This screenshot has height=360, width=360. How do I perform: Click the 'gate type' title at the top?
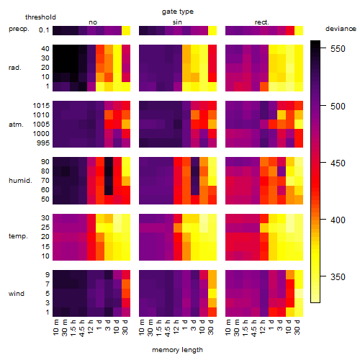[x=178, y=12]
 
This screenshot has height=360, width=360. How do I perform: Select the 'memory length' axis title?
[x=177, y=350]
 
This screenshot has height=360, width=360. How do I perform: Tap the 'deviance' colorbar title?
[x=341, y=29]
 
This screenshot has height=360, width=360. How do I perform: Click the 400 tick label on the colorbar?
[x=338, y=220]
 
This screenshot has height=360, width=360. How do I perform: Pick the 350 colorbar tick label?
[x=338, y=276]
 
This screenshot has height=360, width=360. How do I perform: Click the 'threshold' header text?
[x=40, y=17]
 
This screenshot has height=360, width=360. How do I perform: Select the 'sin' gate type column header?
[x=177, y=22]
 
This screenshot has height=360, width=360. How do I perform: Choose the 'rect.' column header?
[x=261, y=22]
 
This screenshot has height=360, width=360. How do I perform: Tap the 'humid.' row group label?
[x=20, y=181]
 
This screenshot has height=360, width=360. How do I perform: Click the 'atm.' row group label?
[x=16, y=125]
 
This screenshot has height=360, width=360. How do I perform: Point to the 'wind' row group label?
[x=17, y=293]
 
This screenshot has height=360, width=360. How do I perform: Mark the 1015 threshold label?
[x=41, y=106]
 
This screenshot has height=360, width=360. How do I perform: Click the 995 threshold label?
[x=43, y=143]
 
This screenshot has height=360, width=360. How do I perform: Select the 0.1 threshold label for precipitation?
[x=44, y=30]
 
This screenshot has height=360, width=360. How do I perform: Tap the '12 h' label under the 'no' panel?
[x=90, y=327]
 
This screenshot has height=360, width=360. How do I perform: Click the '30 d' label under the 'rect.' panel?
[x=297, y=327]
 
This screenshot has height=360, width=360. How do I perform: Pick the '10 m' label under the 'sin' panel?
[x=142, y=328]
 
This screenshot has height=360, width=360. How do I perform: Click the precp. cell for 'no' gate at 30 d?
[x=126, y=30]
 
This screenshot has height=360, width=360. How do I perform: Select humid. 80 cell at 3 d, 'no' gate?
[x=109, y=171]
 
